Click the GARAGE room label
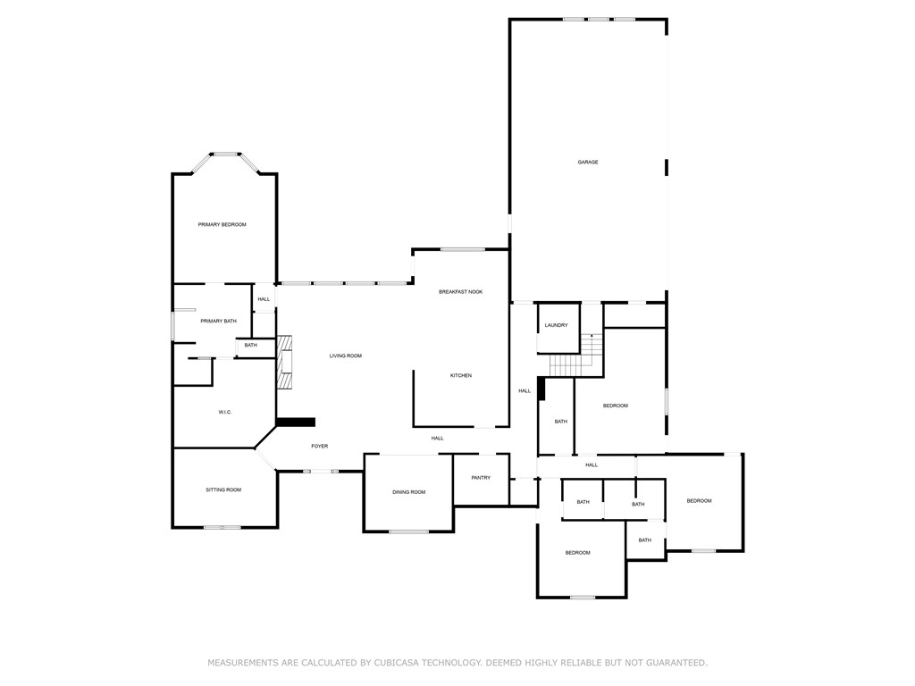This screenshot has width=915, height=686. [587, 163]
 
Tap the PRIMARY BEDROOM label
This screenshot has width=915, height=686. [222, 225]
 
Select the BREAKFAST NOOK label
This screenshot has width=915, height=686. [460, 292]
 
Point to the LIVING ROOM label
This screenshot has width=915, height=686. [345, 356]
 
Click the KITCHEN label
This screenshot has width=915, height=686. [460, 376]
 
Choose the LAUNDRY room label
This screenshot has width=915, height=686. [556, 325]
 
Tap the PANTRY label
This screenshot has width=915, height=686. [481, 478]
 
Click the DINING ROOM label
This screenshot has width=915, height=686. [408, 492]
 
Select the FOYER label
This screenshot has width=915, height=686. [319, 446]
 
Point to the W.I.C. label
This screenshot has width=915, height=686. [225, 412]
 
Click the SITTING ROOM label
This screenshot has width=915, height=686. [223, 489]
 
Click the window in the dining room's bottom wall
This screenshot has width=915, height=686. [408, 531]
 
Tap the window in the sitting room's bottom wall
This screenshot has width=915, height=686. [222, 527]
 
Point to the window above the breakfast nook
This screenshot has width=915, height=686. [462, 249]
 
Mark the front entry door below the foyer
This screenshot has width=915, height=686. [319, 471]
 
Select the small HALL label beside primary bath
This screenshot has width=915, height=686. [264, 299]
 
